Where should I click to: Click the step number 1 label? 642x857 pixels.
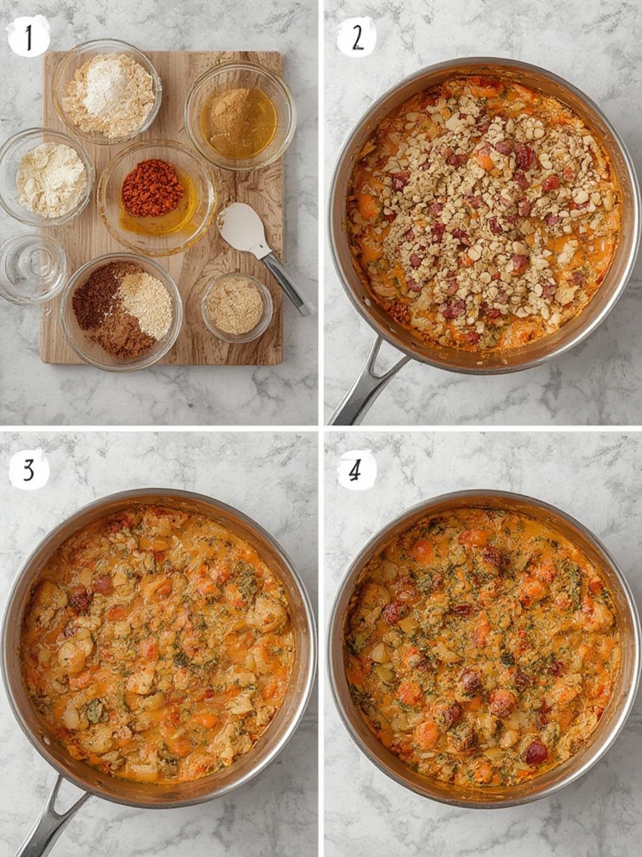pyautogui.click(x=28, y=37)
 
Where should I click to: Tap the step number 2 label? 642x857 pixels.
pyautogui.click(x=356, y=37)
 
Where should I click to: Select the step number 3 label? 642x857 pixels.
pyautogui.click(x=28, y=469)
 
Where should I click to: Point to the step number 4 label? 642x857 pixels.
pyautogui.click(x=356, y=470)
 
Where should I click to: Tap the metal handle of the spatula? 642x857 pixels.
pyautogui.click(x=286, y=282)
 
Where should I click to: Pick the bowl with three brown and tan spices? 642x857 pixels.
pyautogui.click(x=121, y=310)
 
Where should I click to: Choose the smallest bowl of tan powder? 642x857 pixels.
pyautogui.click(x=236, y=306)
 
